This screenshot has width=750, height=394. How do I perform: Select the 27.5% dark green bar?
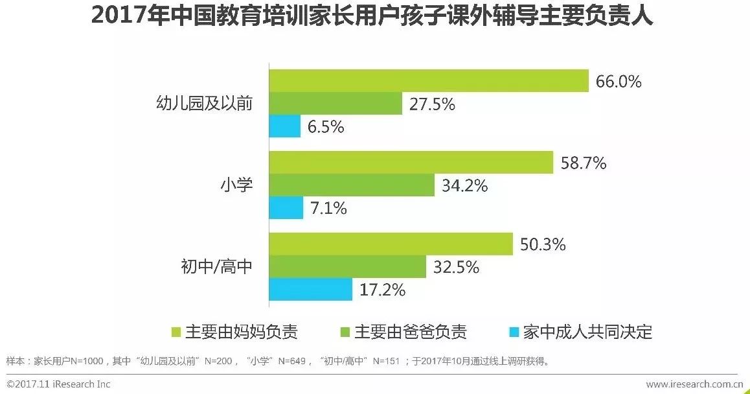click(335, 104)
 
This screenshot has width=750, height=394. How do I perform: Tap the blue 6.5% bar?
click(285, 126)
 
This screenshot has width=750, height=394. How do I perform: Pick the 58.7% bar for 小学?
click(411, 163)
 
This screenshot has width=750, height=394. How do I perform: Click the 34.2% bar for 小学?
click(352, 185)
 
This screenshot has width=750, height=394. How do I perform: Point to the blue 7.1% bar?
click(286, 208)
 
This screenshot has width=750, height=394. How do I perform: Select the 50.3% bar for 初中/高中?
click(391, 244)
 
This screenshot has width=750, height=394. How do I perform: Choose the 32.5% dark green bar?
click(348, 266)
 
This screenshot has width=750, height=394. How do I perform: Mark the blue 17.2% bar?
click(311, 289)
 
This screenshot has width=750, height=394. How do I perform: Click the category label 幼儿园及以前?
click(205, 104)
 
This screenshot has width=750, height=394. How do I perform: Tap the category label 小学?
click(234, 185)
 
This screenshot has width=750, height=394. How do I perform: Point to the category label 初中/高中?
click(216, 266)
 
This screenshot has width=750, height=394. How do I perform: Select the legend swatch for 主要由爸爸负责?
click(345, 332)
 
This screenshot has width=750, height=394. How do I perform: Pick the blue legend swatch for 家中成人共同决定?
click(514, 332)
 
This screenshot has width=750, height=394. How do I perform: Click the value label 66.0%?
click(618, 82)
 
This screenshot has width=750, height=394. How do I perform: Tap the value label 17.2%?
click(382, 290)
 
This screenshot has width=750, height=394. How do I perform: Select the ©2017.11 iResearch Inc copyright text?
click(58, 384)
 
